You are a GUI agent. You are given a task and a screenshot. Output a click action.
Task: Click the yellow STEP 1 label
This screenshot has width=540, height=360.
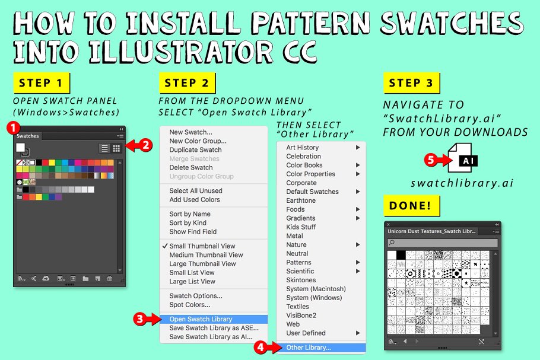tap(40, 83)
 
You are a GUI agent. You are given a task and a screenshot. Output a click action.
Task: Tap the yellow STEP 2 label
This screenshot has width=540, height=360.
tap(186, 83)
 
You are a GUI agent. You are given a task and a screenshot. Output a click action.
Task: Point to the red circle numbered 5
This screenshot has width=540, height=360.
tap(431, 160)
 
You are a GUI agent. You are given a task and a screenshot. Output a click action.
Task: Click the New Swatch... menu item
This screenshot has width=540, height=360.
tap(190, 132)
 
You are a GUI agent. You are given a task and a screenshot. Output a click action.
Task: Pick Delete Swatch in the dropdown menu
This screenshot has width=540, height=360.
tap(192, 167)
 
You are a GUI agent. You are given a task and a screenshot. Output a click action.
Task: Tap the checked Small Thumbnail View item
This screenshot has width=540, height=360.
tap(202, 246)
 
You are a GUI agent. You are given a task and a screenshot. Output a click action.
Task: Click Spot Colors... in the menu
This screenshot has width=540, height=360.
tap(189, 305)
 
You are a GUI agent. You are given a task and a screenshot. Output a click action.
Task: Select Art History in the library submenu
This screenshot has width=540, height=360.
tap(303, 148)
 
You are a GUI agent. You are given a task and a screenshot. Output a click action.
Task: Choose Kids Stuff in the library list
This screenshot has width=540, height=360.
tap(301, 227)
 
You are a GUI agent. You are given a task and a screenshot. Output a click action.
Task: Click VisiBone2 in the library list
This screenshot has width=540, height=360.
tap(301, 316)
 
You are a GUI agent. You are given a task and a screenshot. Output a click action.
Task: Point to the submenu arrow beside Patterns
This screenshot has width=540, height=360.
tap(358, 262)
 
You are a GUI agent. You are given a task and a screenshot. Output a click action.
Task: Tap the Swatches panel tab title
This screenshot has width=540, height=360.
tap(28, 136)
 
